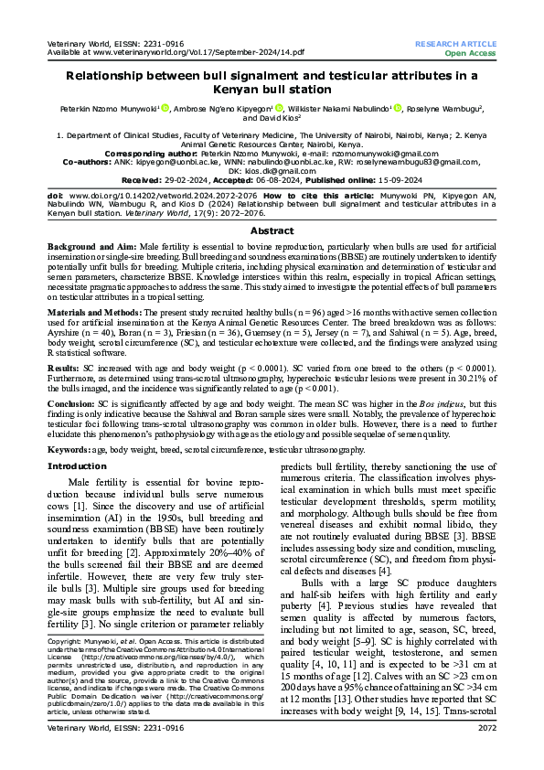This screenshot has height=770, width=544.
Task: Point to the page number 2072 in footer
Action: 485,754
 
